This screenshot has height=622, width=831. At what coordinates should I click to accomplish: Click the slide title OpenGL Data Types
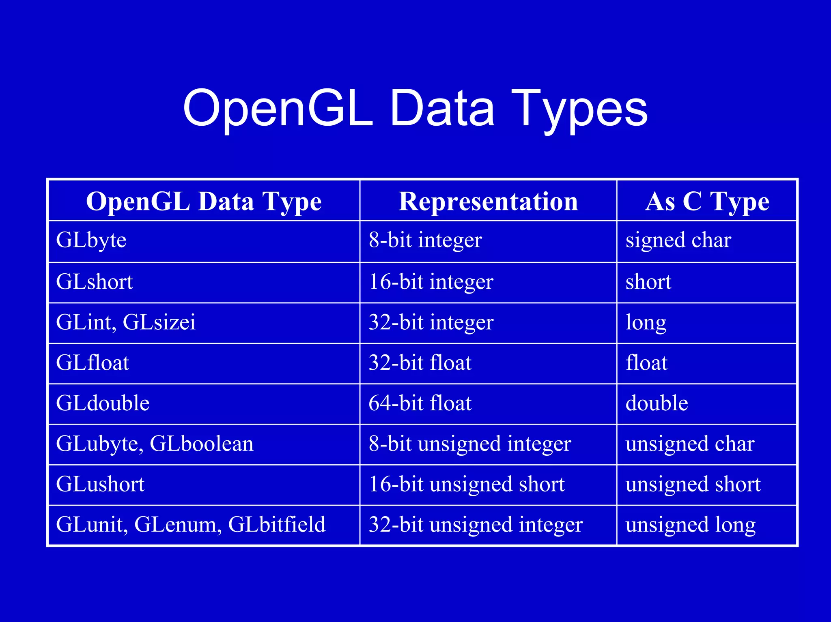coord(415,109)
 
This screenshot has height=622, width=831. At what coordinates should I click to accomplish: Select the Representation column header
coord(488,201)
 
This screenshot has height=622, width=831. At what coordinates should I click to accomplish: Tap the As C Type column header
coord(707,201)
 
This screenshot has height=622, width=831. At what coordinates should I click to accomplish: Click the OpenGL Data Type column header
coord(204,201)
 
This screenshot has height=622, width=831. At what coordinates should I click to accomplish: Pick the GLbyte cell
coord(91,240)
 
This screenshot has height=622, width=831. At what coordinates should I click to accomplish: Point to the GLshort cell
coord(95,282)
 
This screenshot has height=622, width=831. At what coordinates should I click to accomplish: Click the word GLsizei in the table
coord(159,322)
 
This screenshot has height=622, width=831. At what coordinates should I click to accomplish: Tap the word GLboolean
coord(202,444)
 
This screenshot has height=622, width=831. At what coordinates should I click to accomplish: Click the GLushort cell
coord(100,484)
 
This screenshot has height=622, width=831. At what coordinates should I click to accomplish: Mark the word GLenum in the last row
coord(178,524)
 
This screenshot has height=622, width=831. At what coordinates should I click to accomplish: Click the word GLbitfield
coord(277,524)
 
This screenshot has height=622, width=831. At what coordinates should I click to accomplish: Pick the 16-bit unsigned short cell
coord(467,484)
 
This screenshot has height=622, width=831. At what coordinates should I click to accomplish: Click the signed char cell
coord(678,240)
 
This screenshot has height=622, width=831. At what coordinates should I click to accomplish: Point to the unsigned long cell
coord(691,525)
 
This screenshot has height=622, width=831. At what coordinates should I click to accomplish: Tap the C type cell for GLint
coord(646,323)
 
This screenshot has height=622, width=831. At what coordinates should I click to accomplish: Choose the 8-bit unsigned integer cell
coord(470,444)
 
